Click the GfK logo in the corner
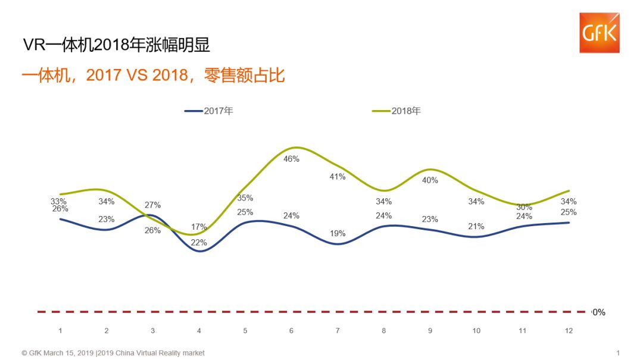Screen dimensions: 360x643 pos(599,33)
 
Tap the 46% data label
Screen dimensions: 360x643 pos(291,159)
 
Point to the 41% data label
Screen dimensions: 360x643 pos(338,177)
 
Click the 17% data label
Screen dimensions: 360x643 pos(199,227)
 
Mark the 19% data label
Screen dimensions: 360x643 pos(338,234)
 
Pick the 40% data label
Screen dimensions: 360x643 pos(430,180)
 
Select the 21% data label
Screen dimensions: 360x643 pos(476,226)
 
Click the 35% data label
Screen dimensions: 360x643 pos(245,198)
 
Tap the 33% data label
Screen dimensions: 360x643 pos(58,201)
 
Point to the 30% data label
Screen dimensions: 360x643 pos(523,207)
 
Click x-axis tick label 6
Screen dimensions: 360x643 pos(291,331)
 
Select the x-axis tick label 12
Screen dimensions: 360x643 pos(569,331)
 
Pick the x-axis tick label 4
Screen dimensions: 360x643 pos(199,331)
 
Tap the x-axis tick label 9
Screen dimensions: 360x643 pos(430,331)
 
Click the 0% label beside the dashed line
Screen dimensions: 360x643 pos(598,312)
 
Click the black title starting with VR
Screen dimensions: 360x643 pos(116,45)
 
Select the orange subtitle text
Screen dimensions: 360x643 pos(153,76)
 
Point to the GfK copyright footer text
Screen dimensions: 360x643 pos(113,353)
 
